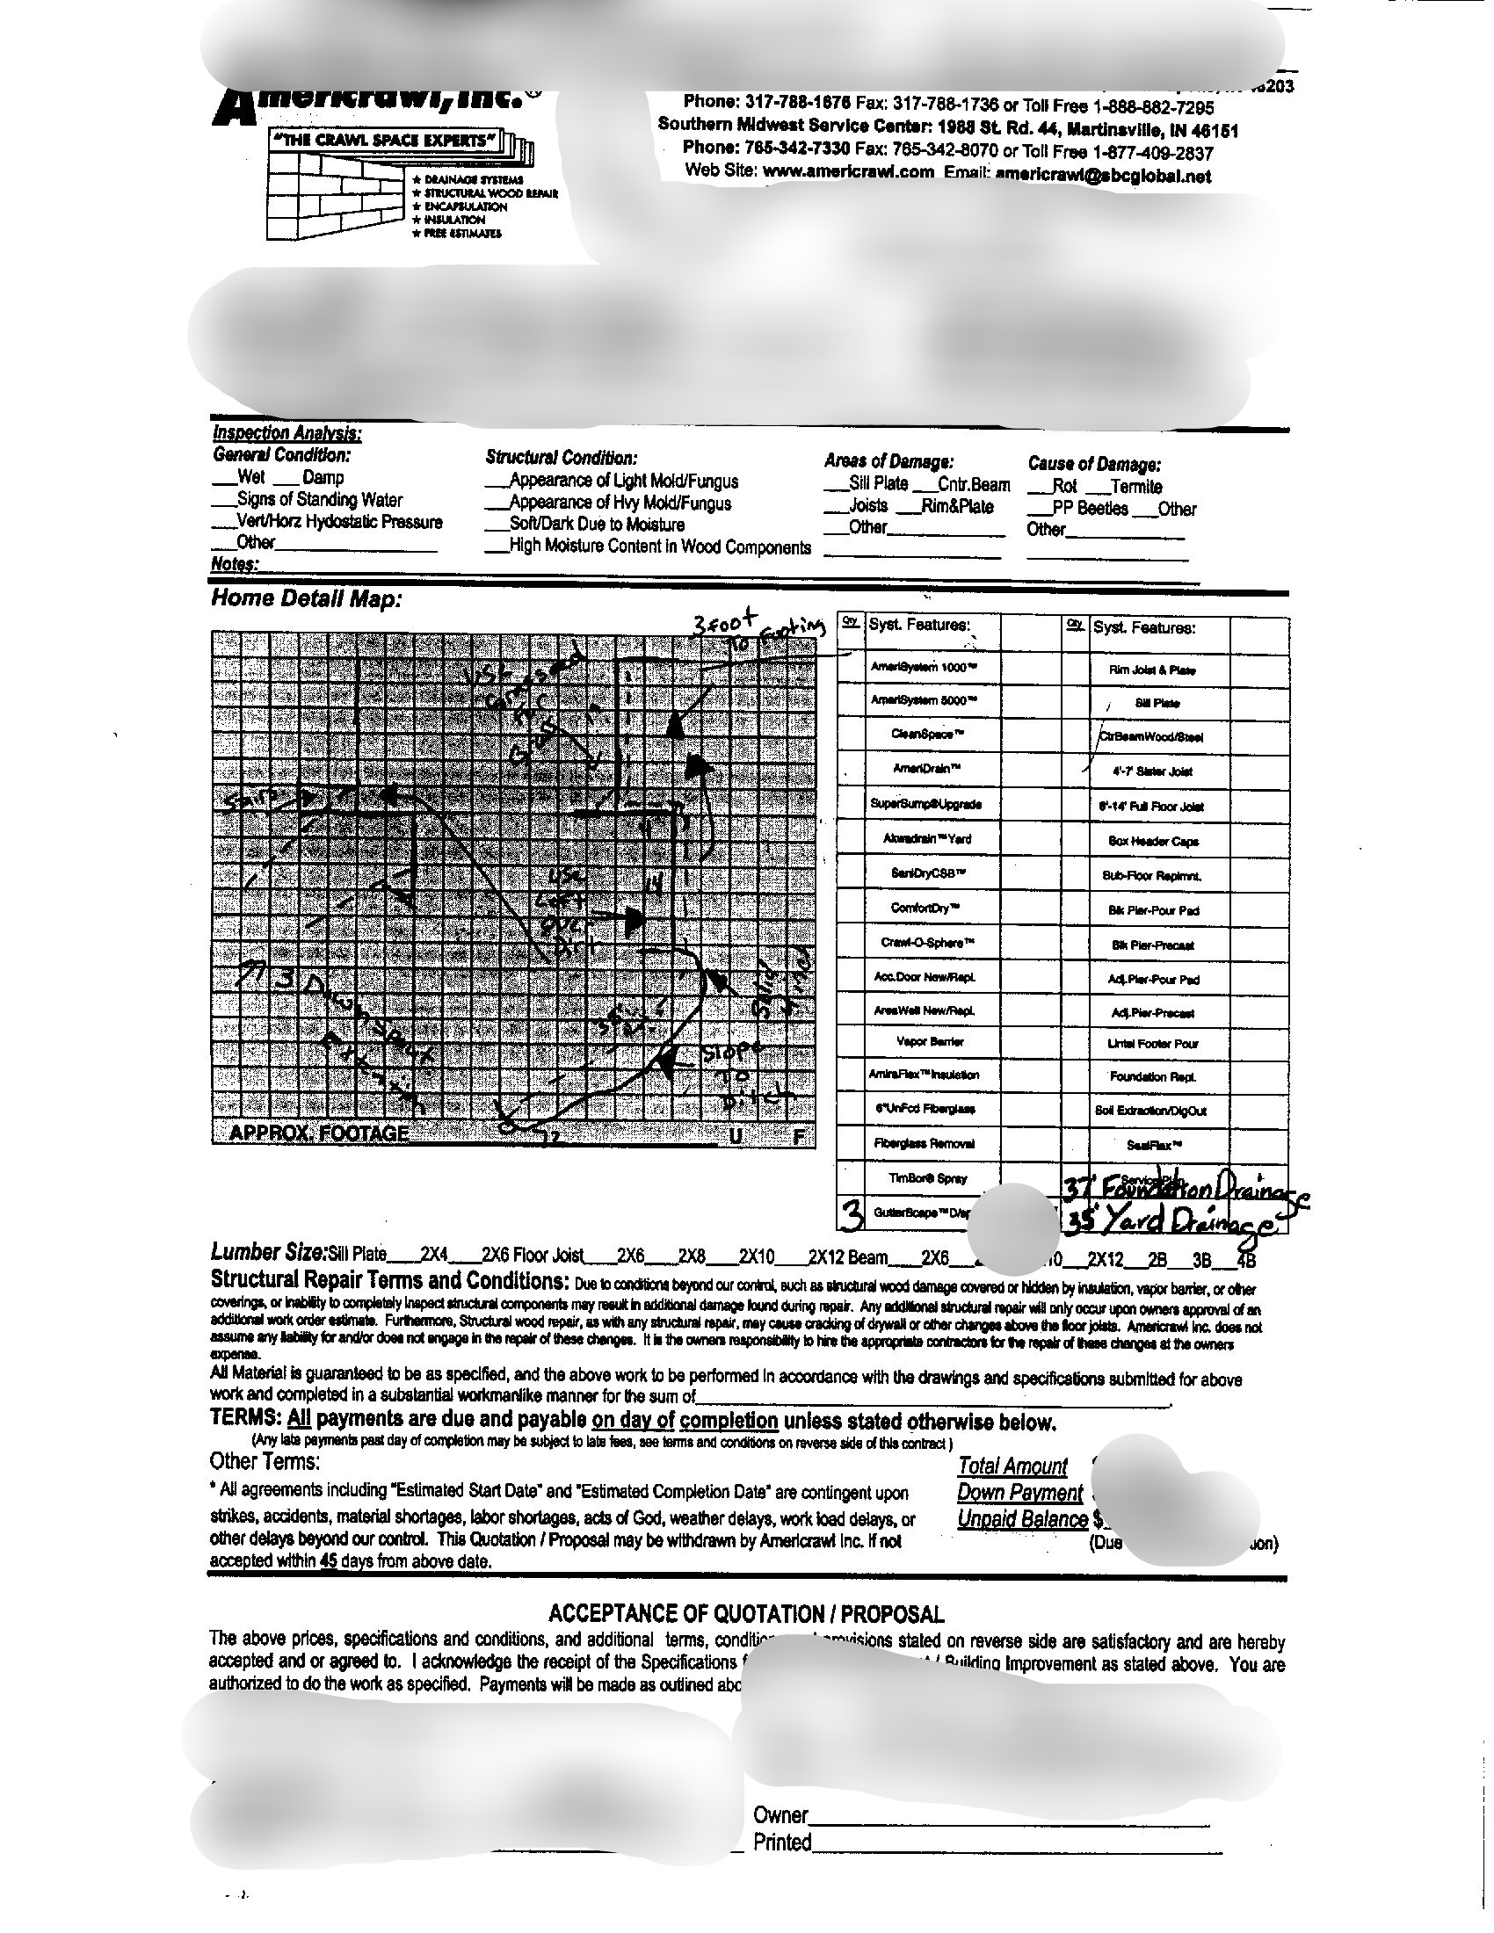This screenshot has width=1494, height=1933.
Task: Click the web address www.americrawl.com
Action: pos(847,172)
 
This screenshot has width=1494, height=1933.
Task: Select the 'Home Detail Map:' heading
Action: pos(306,599)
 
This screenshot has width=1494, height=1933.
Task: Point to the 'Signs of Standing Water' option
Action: pos(319,500)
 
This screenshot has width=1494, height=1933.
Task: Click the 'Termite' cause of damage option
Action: pos(1136,487)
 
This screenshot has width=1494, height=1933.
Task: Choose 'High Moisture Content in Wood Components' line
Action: pos(658,547)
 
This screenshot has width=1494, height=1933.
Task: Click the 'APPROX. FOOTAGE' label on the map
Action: pos(319,1133)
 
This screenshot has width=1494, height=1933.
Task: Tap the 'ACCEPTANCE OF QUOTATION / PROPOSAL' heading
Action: pos(746,1612)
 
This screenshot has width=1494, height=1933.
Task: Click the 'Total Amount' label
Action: pos(1012,1466)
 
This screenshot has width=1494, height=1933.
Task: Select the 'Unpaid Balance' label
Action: pos(1022,1519)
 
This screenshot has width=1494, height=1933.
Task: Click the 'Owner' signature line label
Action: pos(780,1815)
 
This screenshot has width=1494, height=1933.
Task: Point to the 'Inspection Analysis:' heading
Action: pos(286,433)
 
